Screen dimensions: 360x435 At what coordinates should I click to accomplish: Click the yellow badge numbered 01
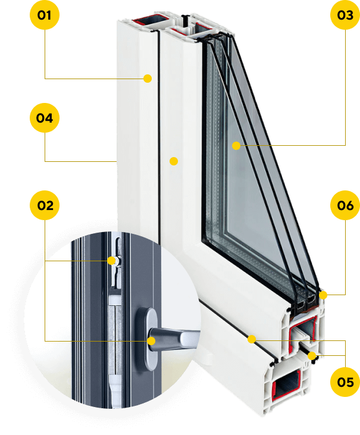click(x=45, y=15)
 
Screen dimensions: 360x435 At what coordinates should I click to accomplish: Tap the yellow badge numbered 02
click(x=45, y=205)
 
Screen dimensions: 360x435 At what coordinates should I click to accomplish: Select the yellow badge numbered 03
click(x=345, y=15)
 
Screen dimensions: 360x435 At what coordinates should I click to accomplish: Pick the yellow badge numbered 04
click(x=45, y=118)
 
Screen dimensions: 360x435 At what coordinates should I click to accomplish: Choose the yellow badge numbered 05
click(x=345, y=382)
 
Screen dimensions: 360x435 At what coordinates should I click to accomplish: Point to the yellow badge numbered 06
click(x=345, y=205)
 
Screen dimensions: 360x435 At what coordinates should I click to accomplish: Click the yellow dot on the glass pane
click(x=236, y=146)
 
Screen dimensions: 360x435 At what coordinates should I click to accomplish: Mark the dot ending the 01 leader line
click(x=148, y=79)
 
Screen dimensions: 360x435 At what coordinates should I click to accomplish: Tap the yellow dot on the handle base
click(x=151, y=341)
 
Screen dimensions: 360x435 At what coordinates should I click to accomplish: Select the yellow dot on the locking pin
click(x=111, y=261)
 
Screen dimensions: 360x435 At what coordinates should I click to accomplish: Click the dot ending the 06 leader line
click(x=323, y=295)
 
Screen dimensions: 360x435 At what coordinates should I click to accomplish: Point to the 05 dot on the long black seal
click(x=252, y=339)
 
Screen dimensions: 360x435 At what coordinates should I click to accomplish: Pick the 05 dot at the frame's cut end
click(x=312, y=356)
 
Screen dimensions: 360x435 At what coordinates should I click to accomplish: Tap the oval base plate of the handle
click(x=150, y=339)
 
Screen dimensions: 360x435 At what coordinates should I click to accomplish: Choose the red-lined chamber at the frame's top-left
click(x=151, y=21)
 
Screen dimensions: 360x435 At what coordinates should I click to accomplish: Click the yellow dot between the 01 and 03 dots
click(x=174, y=161)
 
